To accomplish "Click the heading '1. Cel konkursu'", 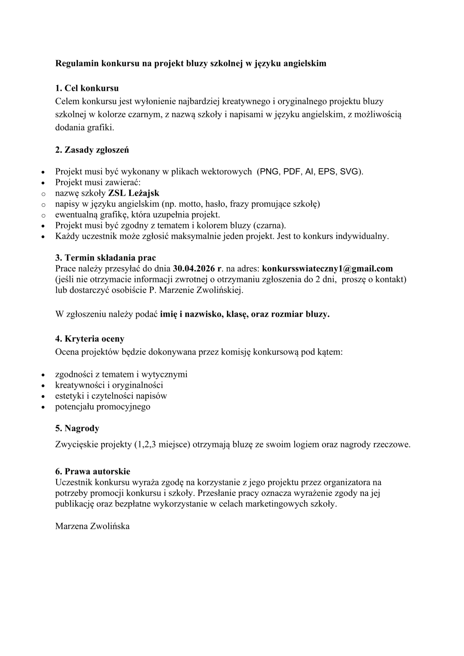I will (x=87, y=88).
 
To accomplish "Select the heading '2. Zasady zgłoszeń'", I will (x=92, y=150).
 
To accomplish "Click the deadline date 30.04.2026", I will (x=194, y=268).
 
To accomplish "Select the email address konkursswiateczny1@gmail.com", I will (x=327, y=268).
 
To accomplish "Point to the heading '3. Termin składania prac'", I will (x=105, y=258).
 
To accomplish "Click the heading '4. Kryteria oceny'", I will (x=90, y=339).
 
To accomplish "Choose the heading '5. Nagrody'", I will (x=77, y=428).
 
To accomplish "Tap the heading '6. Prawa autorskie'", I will (x=93, y=471).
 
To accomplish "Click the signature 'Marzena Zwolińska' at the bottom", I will (x=92, y=526).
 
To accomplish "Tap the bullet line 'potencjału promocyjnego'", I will (x=103, y=407).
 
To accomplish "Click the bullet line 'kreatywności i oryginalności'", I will (x=109, y=385).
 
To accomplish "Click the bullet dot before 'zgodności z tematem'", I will (x=43, y=374).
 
